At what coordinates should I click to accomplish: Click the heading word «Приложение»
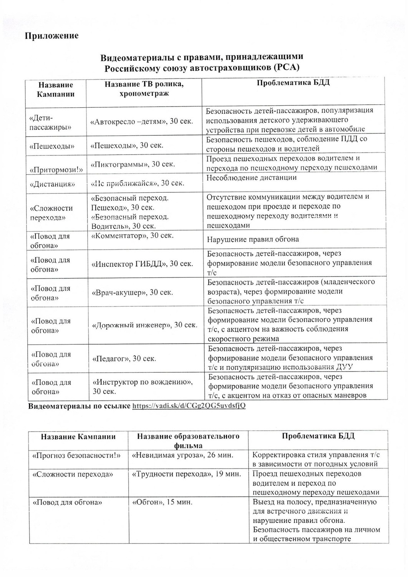coord(52,36)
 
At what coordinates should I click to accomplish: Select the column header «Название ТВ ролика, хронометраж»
coord(144,89)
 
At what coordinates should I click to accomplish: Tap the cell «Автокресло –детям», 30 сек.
coord(141,121)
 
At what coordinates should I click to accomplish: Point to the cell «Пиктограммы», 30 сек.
coord(133,164)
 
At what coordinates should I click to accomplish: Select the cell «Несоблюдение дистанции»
coord(252,178)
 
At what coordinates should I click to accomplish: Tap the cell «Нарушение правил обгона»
coord(253,239)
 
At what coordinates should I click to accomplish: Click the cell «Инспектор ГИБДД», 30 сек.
coord(142,264)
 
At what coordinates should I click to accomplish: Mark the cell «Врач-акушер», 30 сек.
coord(132,292)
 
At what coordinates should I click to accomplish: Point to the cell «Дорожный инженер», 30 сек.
coord(145,325)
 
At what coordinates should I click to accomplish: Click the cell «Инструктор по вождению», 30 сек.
coord(143,387)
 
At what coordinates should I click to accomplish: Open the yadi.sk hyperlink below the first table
coord(189,406)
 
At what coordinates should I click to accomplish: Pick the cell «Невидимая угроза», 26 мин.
coord(182,455)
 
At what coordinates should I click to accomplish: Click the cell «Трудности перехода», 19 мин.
coord(187,474)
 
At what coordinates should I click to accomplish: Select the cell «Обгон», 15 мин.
coord(162,502)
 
